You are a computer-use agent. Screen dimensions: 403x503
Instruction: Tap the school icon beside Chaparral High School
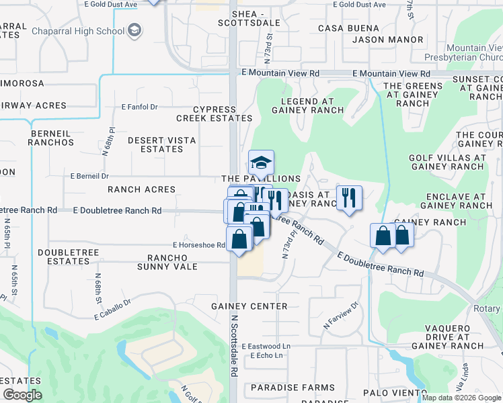coord(134,30)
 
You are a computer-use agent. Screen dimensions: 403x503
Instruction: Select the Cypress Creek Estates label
coord(215,114)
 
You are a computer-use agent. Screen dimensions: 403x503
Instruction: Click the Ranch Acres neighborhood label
coord(141,189)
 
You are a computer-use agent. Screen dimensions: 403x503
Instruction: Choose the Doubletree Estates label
coord(69,257)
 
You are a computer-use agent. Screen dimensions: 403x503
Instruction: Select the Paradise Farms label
coord(293,388)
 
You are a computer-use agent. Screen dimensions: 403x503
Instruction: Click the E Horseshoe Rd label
coord(198,245)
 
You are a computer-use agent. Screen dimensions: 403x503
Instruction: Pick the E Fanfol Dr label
coord(139,107)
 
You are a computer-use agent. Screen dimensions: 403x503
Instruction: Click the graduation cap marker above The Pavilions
coord(261,162)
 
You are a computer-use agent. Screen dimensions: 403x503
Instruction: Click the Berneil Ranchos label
coord(51,138)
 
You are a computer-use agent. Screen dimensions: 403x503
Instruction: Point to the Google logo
coord(22,396)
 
